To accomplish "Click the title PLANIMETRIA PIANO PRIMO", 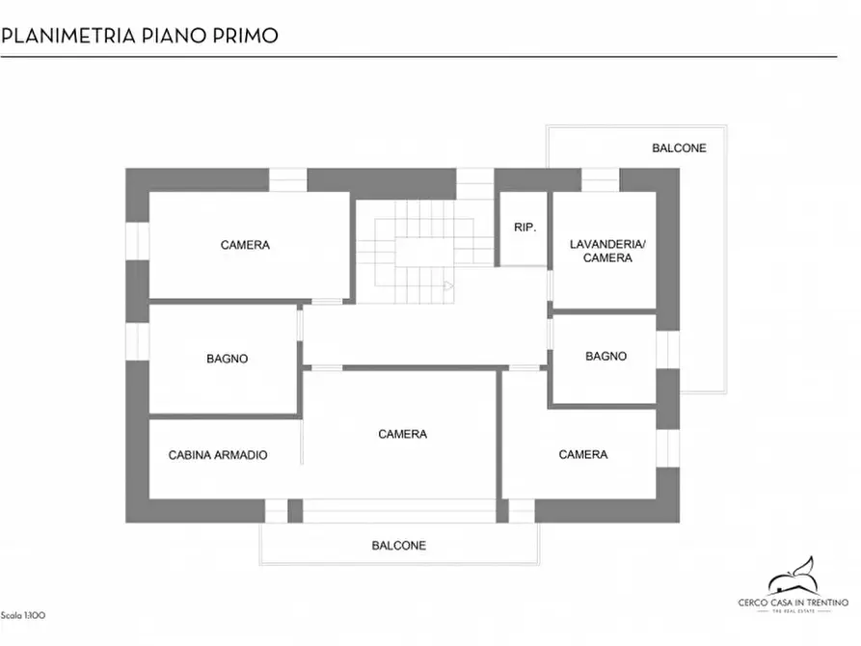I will (140, 36).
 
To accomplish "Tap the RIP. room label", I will (525, 228).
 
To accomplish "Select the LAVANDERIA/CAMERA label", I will (607, 251).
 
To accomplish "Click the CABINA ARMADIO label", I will (218, 455).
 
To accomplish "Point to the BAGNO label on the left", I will (227, 359).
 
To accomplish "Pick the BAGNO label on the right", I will (605, 356).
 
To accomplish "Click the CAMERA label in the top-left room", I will (245, 245).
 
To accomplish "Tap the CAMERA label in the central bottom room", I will (402, 434).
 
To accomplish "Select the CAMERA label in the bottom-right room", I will (583, 454).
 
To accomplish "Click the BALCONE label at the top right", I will (679, 148).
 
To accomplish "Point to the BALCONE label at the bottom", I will (398, 546).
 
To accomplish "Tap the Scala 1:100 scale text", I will (23, 615).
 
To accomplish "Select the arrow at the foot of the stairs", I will (448, 285).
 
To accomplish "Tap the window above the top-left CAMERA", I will (287, 180).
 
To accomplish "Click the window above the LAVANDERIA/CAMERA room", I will (600, 180).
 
